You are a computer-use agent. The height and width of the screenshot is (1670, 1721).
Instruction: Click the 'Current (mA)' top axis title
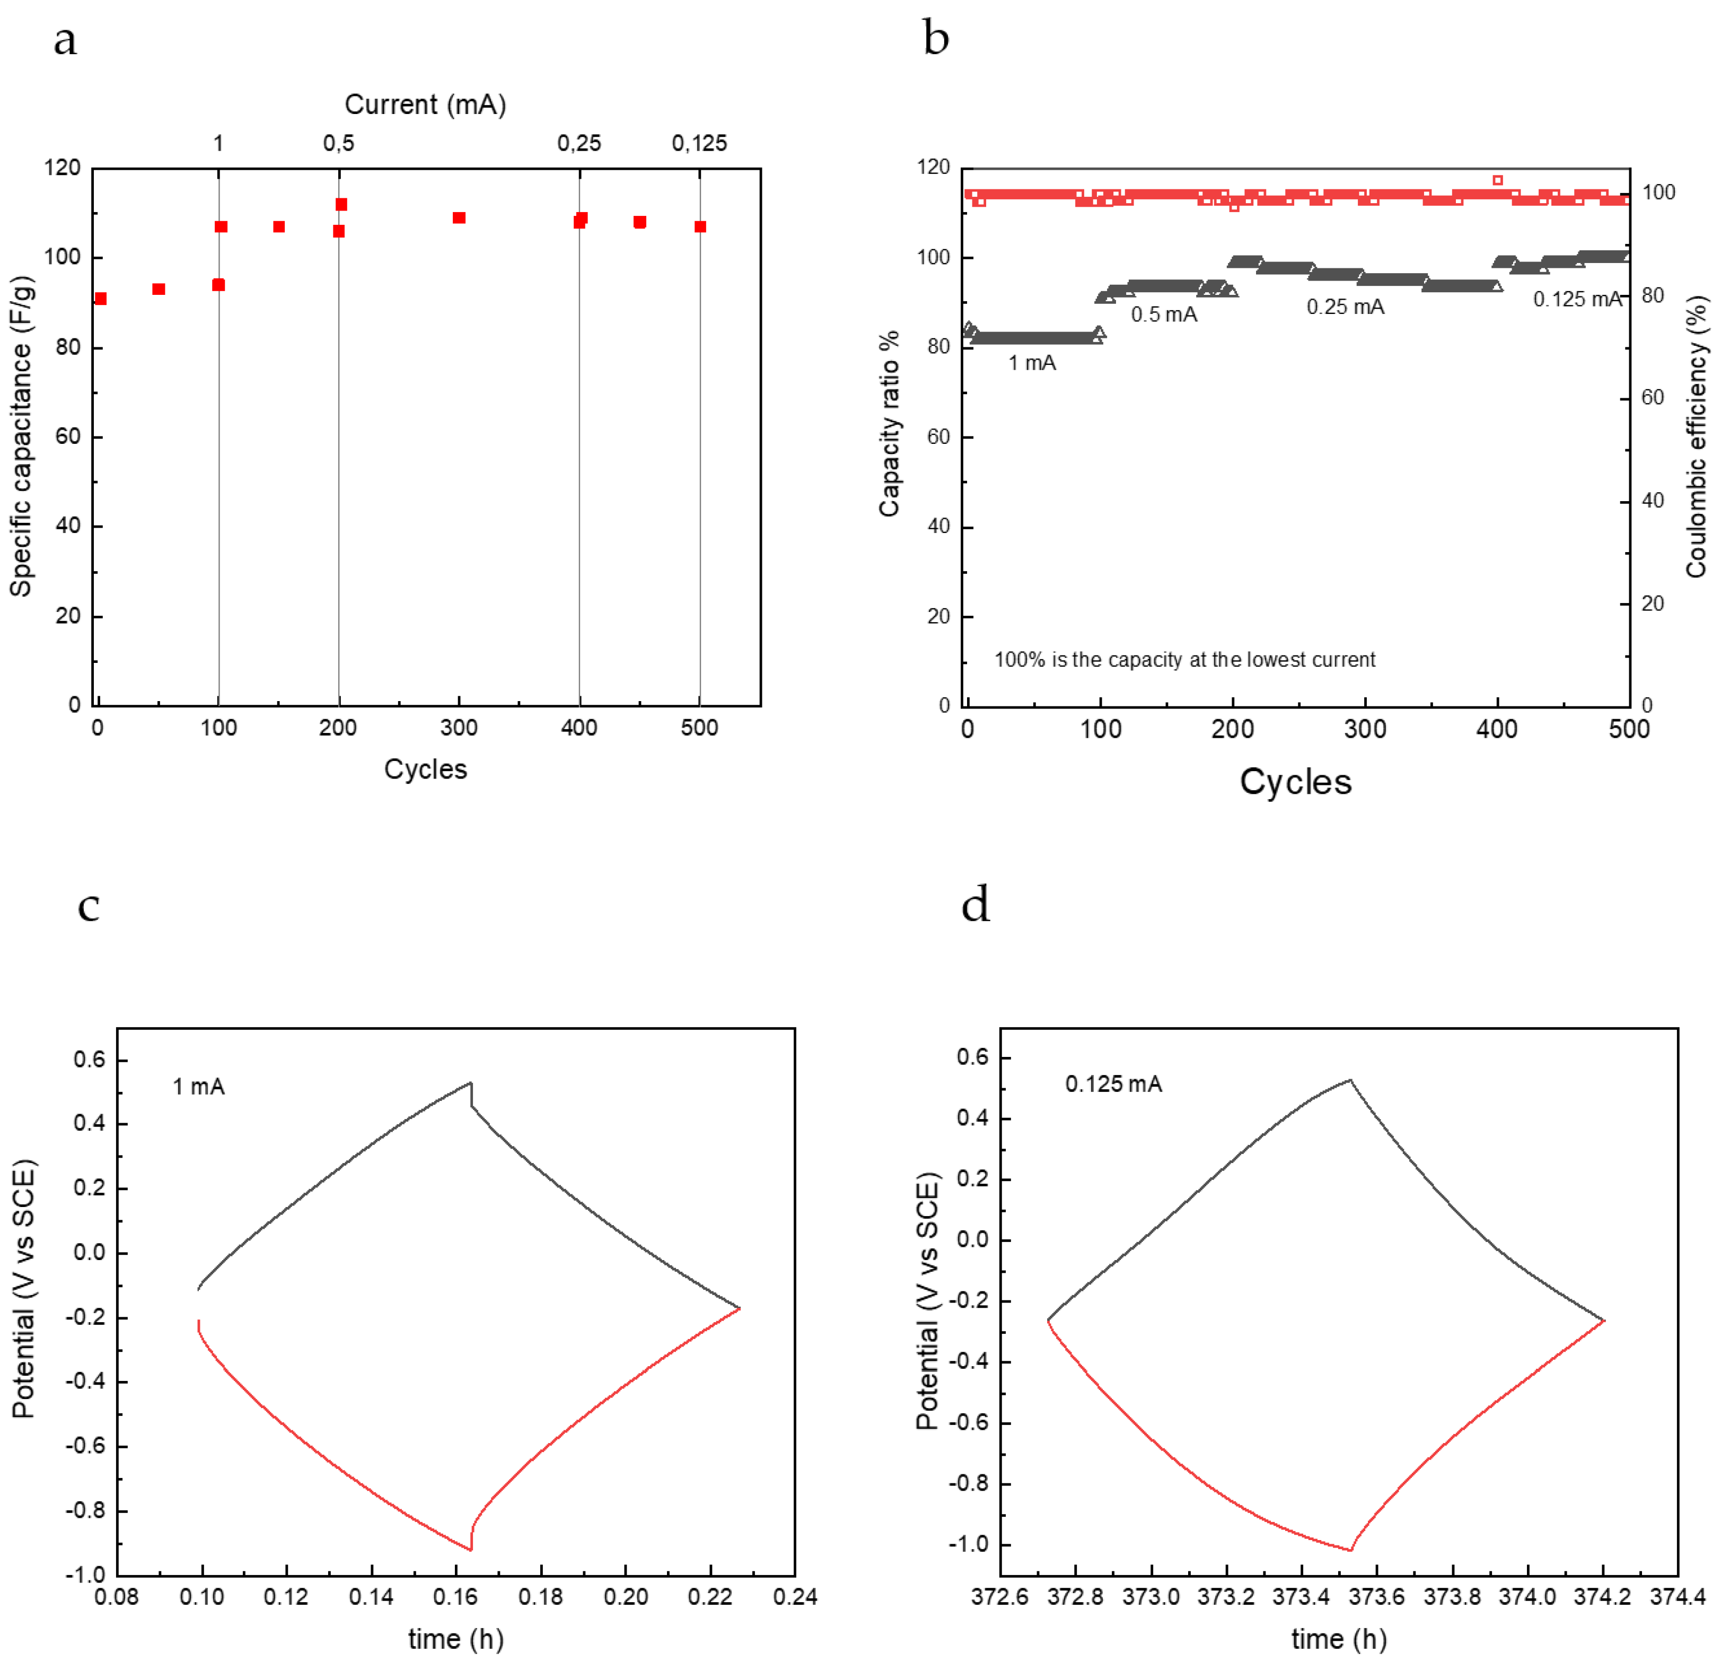tap(425, 104)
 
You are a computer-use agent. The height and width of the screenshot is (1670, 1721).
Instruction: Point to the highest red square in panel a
tap(341, 205)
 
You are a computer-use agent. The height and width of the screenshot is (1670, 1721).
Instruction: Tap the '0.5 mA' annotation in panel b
tap(1163, 314)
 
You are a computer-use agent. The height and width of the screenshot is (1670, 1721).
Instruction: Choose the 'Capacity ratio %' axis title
tap(890, 423)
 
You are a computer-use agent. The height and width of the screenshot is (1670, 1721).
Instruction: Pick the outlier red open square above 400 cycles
tap(1497, 180)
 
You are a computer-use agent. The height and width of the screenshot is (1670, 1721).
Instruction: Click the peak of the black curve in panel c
tap(471, 1083)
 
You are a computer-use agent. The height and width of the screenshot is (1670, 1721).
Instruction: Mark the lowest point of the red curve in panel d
tap(1350, 1551)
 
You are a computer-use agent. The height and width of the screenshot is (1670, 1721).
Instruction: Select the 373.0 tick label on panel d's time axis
tap(1151, 1596)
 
